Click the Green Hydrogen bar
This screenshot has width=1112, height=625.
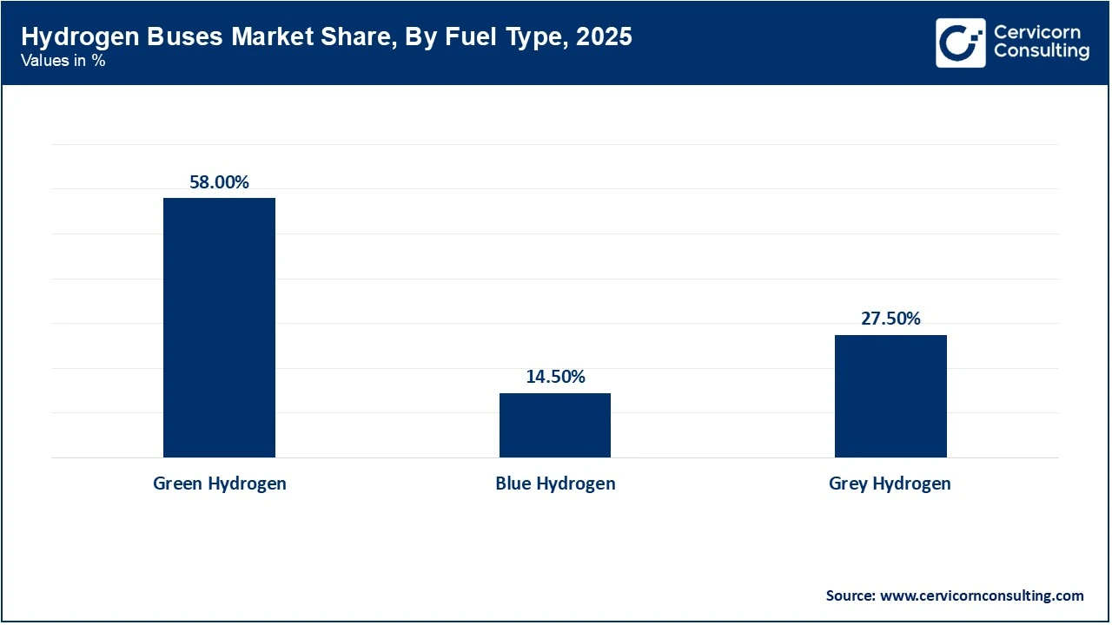tap(219, 327)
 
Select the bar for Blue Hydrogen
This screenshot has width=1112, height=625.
tap(554, 424)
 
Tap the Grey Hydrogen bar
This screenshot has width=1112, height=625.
tap(890, 396)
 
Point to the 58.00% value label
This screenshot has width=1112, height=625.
tap(219, 182)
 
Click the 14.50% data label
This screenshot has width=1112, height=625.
tap(554, 377)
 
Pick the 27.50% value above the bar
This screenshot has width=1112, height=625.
tap(890, 319)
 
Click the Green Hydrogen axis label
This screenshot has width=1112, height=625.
tap(219, 484)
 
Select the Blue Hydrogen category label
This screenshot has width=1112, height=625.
tap(554, 484)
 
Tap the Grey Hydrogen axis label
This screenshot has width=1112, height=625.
tap(890, 484)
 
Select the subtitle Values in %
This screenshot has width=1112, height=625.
tap(63, 62)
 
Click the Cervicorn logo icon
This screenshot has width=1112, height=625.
tap(960, 43)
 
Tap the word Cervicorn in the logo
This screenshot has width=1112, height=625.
tap(1036, 33)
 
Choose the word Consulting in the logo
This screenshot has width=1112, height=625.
tap(1041, 51)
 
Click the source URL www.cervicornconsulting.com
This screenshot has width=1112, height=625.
tap(982, 595)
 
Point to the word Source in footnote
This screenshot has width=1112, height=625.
tap(850, 595)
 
